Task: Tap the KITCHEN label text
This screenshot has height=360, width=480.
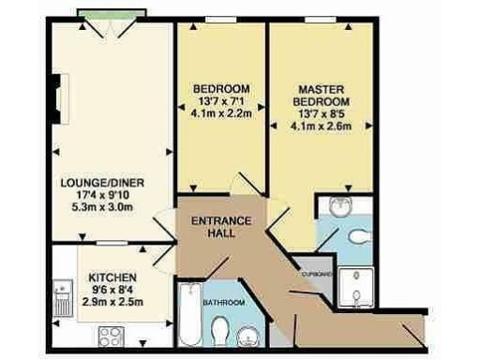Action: [x=113, y=278]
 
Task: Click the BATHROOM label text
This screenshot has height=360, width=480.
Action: [x=226, y=303]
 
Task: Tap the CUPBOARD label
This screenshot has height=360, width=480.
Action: [x=316, y=273]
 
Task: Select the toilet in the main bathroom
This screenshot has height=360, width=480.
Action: [x=220, y=330]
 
